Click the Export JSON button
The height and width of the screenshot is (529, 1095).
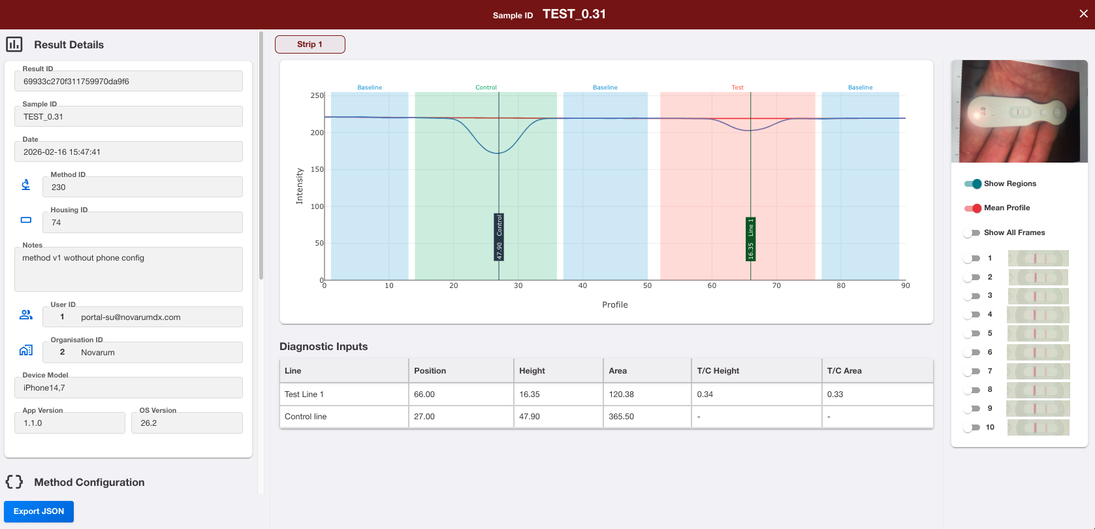(x=39, y=511)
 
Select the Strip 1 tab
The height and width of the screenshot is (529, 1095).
(x=310, y=44)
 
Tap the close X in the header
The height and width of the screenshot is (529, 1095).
(x=1083, y=14)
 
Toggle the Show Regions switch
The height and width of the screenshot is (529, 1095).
(x=972, y=184)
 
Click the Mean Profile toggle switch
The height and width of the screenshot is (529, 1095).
(x=972, y=208)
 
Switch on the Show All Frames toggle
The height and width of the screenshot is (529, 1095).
(x=972, y=232)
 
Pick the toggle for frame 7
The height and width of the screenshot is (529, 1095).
(x=972, y=372)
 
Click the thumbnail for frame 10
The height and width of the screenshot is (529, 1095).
(x=1038, y=427)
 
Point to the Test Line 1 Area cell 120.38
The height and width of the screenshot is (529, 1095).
(x=618, y=394)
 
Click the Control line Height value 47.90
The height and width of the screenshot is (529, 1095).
(x=530, y=417)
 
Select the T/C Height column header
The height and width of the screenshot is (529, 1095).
(x=718, y=370)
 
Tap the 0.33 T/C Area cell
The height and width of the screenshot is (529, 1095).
(x=835, y=394)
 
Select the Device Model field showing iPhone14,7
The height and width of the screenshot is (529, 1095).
(x=129, y=388)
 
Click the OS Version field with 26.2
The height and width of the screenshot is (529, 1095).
(x=187, y=423)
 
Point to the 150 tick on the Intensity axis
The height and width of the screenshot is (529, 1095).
(x=316, y=169)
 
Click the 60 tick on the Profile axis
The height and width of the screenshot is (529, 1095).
(x=712, y=285)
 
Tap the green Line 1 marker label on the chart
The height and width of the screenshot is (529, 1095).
(x=750, y=239)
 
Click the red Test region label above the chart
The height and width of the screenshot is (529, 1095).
(x=737, y=88)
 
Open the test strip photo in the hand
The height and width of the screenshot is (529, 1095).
(x=1019, y=112)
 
